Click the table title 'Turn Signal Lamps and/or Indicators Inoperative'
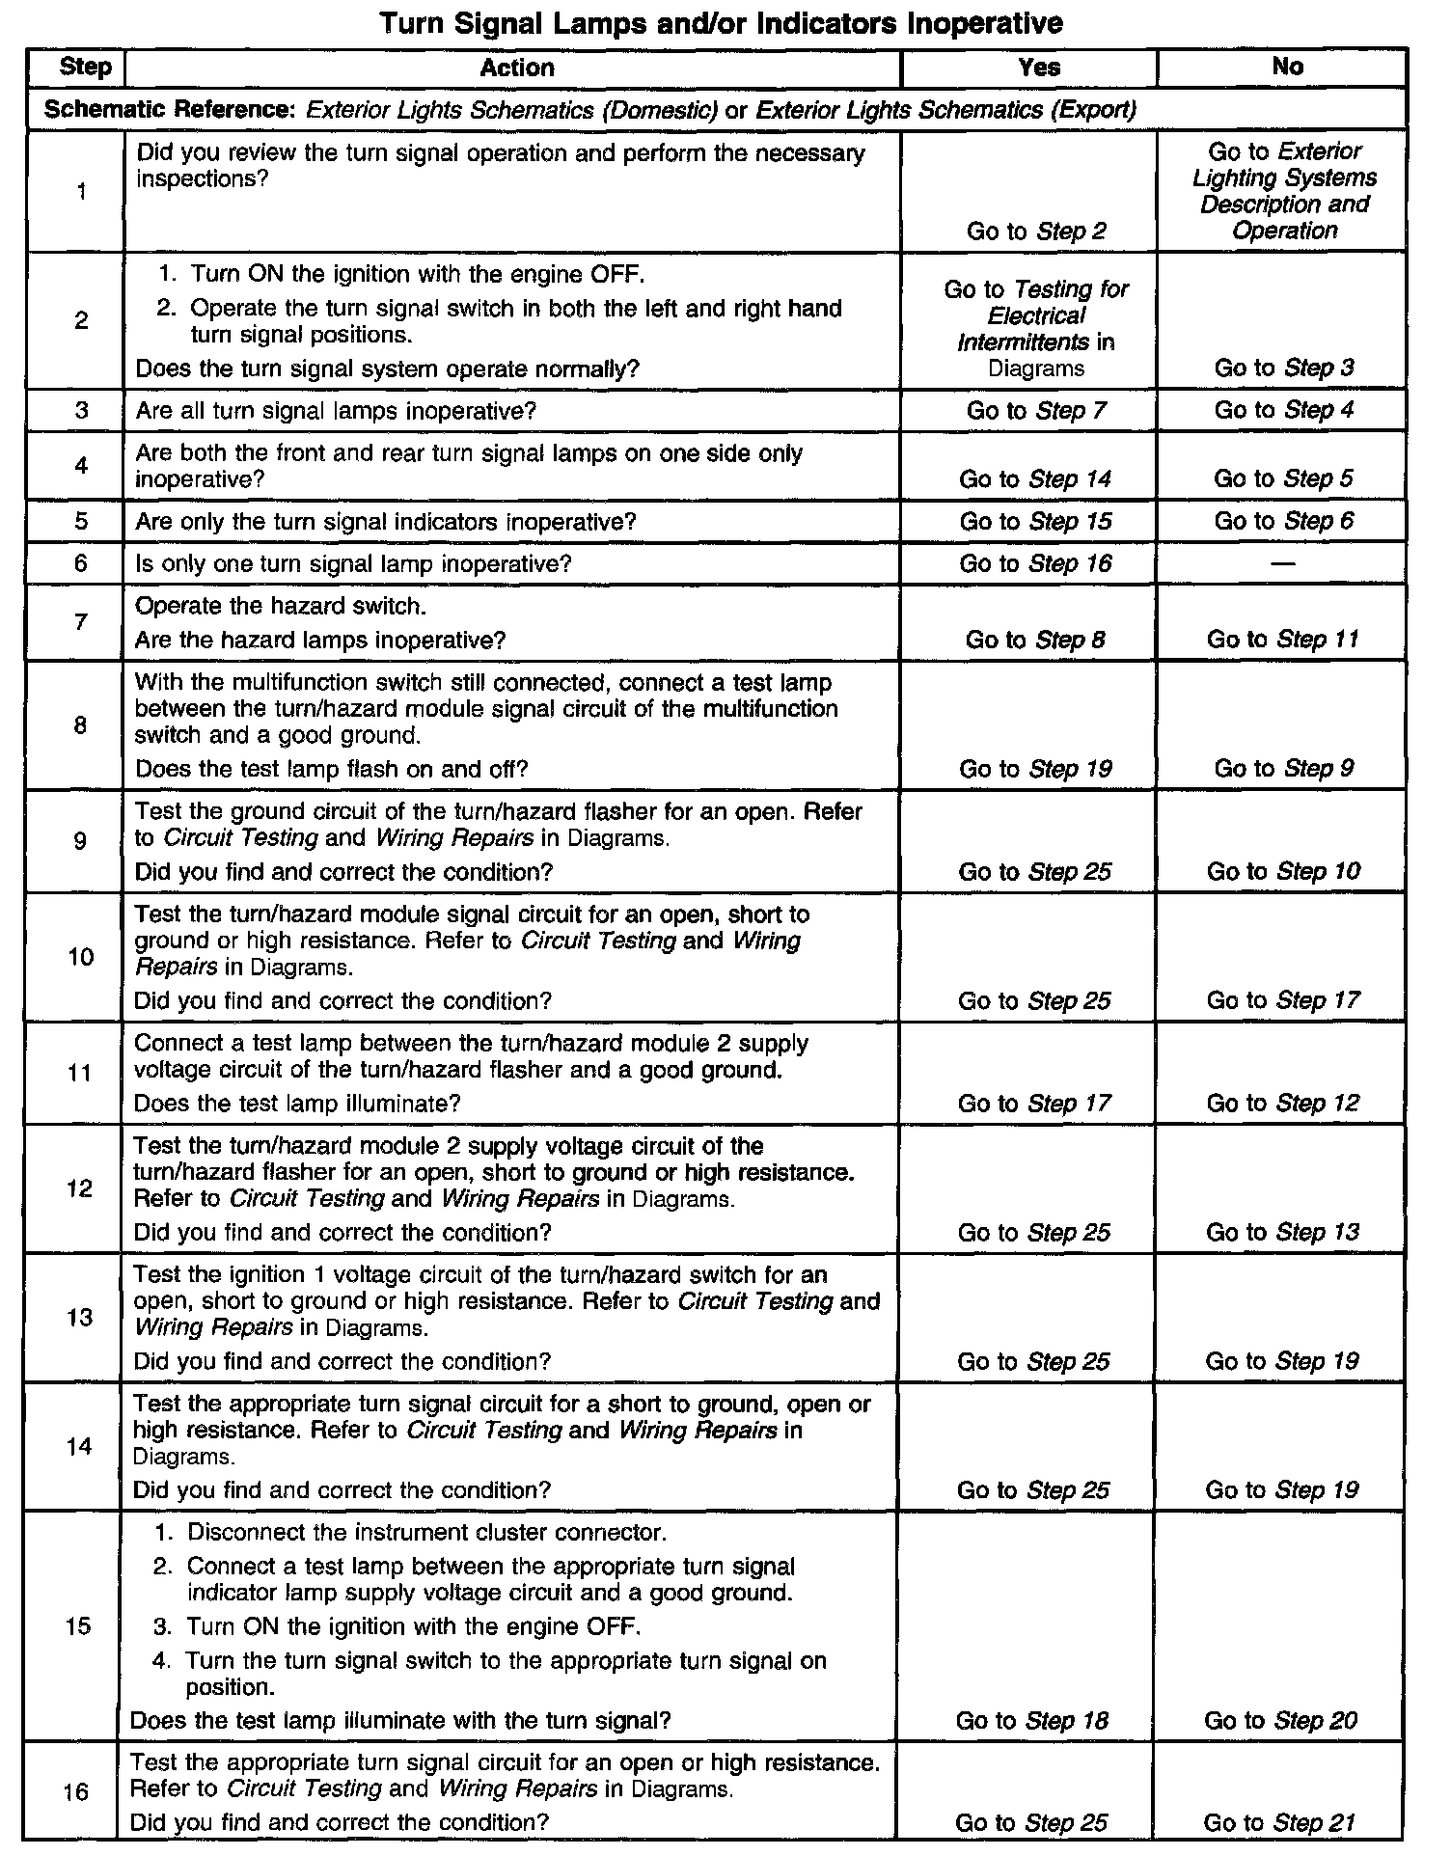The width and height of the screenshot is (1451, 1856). tap(721, 23)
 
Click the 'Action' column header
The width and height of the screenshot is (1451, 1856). tap(517, 68)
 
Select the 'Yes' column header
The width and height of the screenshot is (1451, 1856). tap(1038, 68)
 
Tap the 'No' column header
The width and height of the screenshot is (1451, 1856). tap(1287, 67)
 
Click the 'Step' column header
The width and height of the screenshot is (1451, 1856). tap(85, 68)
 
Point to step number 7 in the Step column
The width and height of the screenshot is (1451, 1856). tap(81, 622)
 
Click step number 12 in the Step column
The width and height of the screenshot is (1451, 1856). tap(79, 1188)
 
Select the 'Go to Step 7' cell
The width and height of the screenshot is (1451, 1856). tap(1036, 411)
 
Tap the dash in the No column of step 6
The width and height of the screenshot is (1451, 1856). tap(1283, 564)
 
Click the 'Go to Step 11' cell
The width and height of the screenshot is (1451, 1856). tap(1282, 640)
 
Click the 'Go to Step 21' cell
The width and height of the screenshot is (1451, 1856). tap(1279, 1823)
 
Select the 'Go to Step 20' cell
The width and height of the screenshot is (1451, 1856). tap(1280, 1721)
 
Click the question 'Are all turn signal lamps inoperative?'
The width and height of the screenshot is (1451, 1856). tap(335, 412)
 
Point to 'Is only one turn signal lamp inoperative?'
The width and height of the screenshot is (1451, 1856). tap(353, 563)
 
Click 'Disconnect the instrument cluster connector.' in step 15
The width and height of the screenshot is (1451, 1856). tap(426, 1533)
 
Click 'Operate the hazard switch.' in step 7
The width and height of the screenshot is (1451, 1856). tap(280, 606)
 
